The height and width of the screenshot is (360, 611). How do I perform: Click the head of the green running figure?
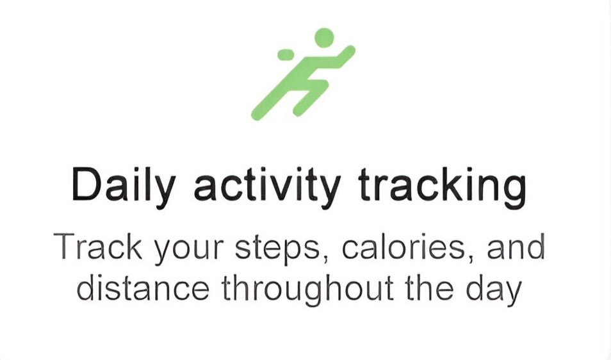pyautogui.click(x=324, y=38)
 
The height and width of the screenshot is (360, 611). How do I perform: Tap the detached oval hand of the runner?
pyautogui.click(x=286, y=55)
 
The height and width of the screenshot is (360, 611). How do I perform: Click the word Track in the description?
pyautogui.click(x=98, y=247)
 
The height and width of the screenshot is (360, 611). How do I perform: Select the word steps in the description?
pyautogui.click(x=277, y=250)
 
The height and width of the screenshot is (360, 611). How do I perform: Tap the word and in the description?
pyautogui.click(x=516, y=247)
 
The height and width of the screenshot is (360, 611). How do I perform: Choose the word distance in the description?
pyautogui.click(x=143, y=288)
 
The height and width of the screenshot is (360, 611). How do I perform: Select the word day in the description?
pyautogui.click(x=494, y=290)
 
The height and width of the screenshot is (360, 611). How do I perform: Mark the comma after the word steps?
pyautogui.click(x=325, y=259)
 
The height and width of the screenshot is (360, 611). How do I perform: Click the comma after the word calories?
pyautogui.click(x=471, y=259)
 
